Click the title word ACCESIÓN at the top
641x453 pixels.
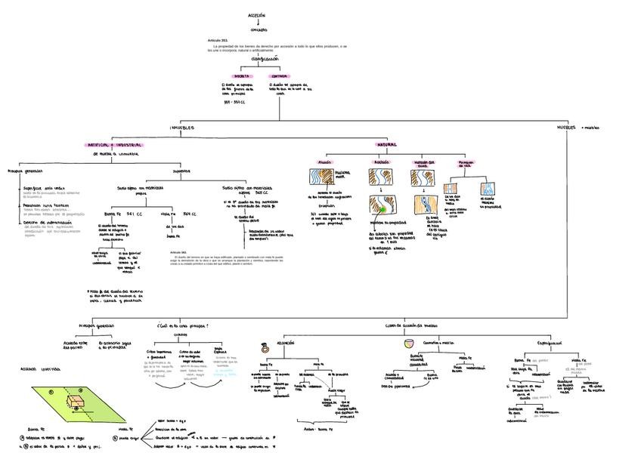[x=257, y=15]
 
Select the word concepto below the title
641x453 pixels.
[x=259, y=29]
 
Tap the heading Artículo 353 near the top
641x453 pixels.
[x=217, y=39]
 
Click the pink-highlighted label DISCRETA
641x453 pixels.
[x=243, y=76]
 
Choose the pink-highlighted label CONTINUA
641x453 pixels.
[x=279, y=76]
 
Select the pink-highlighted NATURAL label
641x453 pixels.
[x=387, y=143]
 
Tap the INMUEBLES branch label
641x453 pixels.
[x=181, y=128]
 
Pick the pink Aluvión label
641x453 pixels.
[x=325, y=162]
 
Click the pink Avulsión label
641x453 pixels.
[x=381, y=162]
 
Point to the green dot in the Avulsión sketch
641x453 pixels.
[x=383, y=208]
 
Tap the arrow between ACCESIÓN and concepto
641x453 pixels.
[x=258, y=22]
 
